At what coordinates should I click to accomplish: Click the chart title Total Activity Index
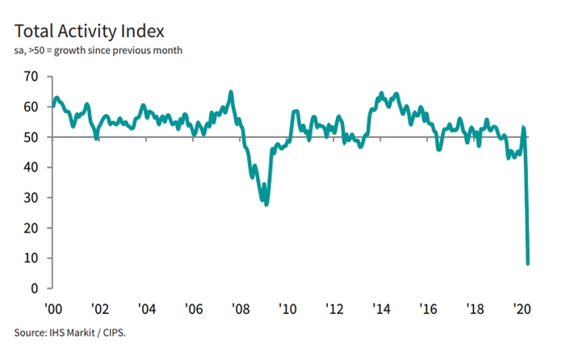point(89,31)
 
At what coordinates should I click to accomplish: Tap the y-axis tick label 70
point(31,77)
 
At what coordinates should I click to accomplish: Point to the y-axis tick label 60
point(31,107)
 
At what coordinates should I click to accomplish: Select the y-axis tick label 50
point(31,137)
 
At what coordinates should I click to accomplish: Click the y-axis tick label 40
point(31,167)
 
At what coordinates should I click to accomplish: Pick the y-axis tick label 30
point(31,198)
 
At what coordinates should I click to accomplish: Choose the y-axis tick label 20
point(31,228)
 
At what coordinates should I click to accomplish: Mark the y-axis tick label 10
point(31,258)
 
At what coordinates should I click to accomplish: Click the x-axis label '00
point(53,308)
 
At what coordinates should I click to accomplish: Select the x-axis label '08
point(239,308)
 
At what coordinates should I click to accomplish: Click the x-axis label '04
point(146,308)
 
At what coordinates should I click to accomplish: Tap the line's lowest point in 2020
point(528,263)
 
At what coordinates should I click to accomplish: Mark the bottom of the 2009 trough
point(266,204)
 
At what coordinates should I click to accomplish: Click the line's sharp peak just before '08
point(231,92)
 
